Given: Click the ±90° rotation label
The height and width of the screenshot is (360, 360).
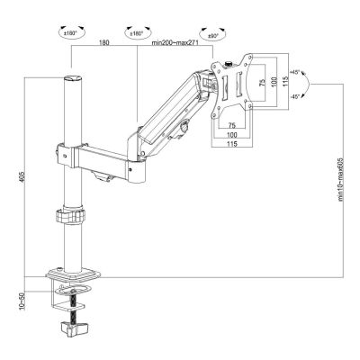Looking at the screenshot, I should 212,37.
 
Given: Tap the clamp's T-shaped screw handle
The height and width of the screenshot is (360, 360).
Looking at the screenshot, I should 69,324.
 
